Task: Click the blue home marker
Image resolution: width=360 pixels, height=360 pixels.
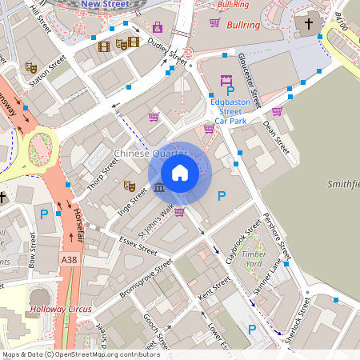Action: pos(180,173)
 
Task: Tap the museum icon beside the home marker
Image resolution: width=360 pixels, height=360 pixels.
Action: pos(159,187)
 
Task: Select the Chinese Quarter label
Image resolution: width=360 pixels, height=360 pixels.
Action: pos(150,153)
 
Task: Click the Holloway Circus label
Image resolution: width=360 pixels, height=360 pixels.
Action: pos(61,309)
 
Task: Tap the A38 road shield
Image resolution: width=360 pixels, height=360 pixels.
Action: pos(70,260)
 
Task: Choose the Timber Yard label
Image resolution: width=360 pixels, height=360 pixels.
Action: pos(254,258)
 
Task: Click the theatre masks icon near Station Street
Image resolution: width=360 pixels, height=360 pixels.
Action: pos(31,68)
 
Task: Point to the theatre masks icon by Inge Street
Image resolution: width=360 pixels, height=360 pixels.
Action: pos(129,186)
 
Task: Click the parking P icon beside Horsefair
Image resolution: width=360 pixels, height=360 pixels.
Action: pos(45,214)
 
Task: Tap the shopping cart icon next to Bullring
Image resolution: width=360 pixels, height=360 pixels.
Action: pos(214,23)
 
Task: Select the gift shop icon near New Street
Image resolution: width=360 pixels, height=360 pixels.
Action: pos(157,27)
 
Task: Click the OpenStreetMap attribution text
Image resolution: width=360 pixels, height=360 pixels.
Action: pos(80,354)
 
